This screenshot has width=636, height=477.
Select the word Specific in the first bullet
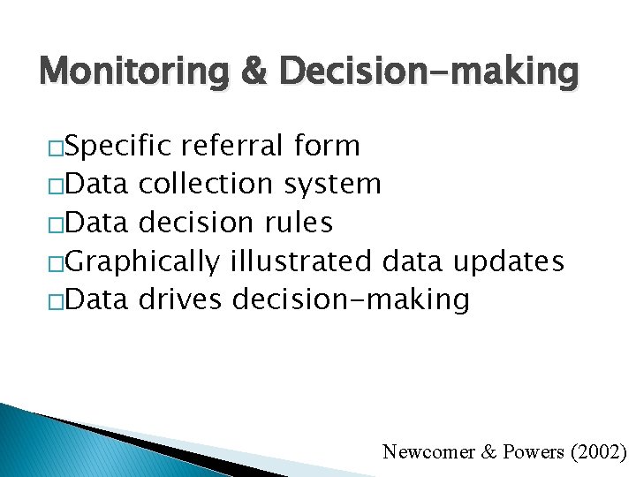pos(120,146)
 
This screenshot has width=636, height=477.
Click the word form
pos(328,146)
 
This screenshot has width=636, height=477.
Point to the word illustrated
pos(301,261)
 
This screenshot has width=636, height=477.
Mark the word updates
pos(507,262)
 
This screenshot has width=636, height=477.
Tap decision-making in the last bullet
pos(351,300)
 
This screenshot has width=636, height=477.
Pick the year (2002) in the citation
pos(598,452)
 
